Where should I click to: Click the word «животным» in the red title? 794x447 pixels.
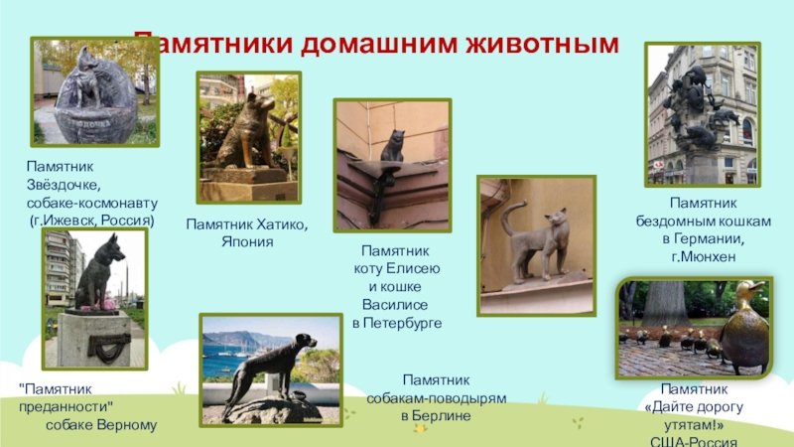[542, 44]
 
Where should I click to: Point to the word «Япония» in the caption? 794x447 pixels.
[247, 241]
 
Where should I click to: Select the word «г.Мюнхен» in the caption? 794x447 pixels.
[704, 256]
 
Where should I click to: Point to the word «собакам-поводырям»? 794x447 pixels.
[437, 398]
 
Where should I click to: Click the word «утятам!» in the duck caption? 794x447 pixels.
[694, 424]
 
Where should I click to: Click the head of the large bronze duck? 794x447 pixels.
[749, 291]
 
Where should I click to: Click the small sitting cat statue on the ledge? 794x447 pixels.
[393, 146]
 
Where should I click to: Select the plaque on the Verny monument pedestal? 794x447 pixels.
[109, 346]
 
